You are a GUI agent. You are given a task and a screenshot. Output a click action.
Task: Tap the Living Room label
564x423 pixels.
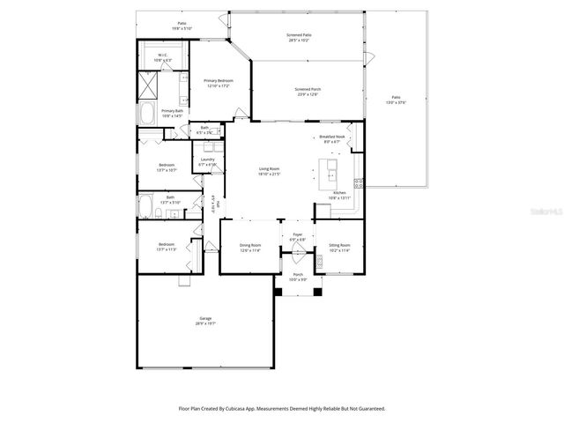click(x=269, y=170)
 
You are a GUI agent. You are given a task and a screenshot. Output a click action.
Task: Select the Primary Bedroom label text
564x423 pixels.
click(x=219, y=82)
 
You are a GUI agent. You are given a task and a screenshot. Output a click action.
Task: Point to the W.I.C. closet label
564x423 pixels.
click(x=163, y=57)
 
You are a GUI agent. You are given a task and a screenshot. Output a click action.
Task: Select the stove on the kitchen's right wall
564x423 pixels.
click(x=359, y=184)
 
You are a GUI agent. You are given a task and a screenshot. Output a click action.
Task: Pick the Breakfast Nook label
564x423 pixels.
click(x=332, y=138)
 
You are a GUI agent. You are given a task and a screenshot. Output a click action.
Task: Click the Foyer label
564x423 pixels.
click(x=298, y=237)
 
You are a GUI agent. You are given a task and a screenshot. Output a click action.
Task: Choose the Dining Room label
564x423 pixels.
click(x=251, y=248)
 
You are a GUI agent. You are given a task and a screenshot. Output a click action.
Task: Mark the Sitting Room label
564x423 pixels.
click(x=339, y=248)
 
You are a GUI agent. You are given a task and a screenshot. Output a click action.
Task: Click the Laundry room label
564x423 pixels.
click(x=207, y=161)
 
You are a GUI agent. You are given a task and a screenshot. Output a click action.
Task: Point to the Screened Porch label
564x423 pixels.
click(x=307, y=92)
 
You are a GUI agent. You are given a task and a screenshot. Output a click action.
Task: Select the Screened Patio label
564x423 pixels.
click(x=300, y=37)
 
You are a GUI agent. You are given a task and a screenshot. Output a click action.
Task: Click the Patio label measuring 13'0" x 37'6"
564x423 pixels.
click(x=396, y=100)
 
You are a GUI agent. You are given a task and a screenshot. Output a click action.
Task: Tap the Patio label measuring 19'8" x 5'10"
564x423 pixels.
click(x=181, y=26)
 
